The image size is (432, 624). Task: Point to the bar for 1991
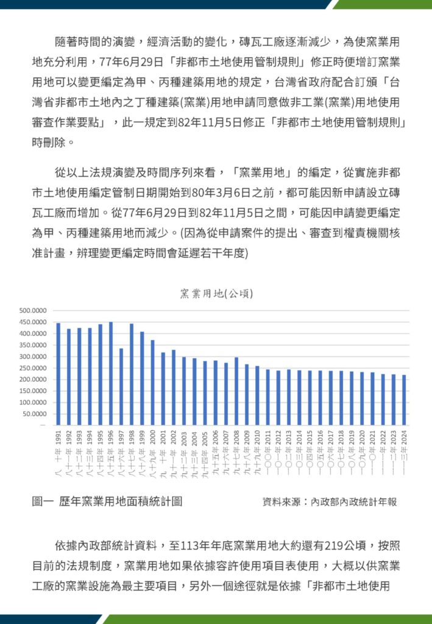pos(58,374)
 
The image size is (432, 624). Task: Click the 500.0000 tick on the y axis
pos(34,311)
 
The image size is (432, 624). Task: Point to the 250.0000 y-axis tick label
pos(34,368)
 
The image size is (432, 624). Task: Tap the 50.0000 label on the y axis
pos(36,414)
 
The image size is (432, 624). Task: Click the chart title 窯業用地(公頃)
pos(216,293)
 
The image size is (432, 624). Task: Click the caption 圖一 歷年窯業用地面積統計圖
pos(107,502)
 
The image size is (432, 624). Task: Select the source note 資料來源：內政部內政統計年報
pos(330,502)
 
